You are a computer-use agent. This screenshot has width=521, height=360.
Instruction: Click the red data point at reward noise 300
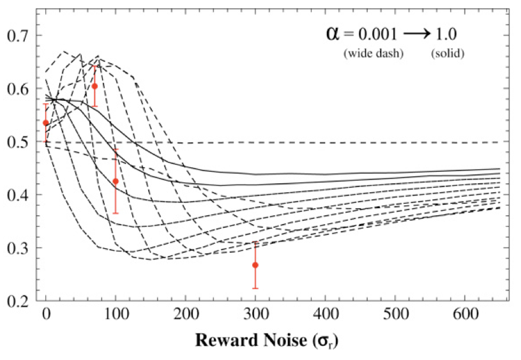pyautogui.click(x=255, y=265)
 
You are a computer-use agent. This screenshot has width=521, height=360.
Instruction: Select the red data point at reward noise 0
pyautogui.click(x=45, y=123)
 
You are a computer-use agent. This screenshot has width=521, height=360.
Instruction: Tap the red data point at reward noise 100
pyautogui.click(x=116, y=181)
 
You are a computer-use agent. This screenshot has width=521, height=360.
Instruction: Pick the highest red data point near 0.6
pyautogui.click(x=94, y=86)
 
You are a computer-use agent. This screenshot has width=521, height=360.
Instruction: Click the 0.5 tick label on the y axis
pyautogui.click(x=18, y=142)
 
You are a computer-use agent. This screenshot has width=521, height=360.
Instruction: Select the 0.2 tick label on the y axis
pyautogui.click(x=18, y=301)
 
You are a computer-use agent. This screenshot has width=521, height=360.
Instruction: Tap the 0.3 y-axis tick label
pyautogui.click(x=18, y=248)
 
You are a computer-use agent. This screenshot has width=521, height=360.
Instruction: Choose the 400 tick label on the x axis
pyautogui.click(x=255, y=315)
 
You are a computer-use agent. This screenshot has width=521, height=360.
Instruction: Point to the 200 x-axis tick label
pyautogui.click(x=186, y=315)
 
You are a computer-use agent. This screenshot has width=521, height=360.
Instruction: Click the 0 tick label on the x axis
pyautogui.click(x=46, y=315)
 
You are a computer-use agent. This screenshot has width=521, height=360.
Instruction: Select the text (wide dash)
pyautogui.click(x=374, y=54)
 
